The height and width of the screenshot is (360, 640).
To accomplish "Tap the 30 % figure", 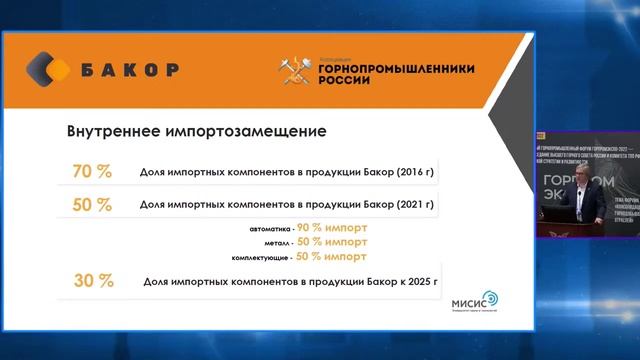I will [x=91, y=281].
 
